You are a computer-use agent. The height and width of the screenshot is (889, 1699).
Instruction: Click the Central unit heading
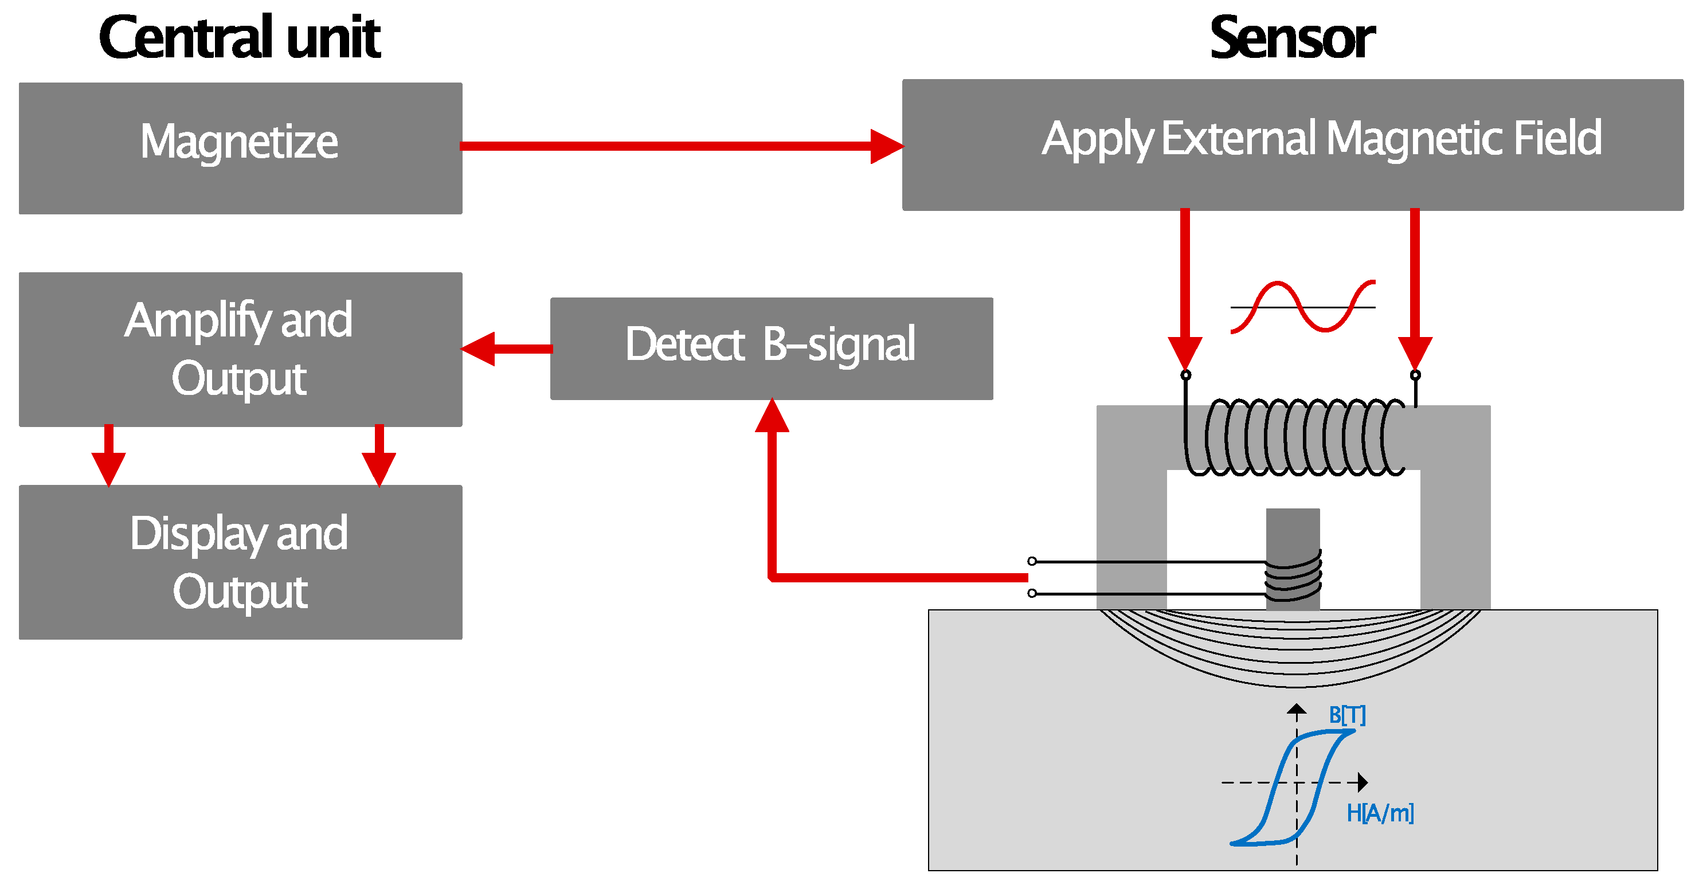(240, 38)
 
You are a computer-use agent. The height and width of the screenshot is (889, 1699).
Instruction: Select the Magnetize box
(240, 148)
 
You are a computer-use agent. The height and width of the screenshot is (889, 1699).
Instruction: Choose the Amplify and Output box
(240, 349)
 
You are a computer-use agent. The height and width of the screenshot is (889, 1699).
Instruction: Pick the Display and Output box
(240, 561)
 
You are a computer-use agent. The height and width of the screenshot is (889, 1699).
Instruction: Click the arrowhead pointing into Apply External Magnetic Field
(886, 146)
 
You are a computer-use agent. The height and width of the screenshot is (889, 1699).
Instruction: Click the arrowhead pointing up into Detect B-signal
(772, 416)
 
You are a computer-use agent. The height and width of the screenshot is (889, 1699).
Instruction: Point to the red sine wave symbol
(1302, 306)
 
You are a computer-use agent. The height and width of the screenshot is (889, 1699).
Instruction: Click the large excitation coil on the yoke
(1295, 437)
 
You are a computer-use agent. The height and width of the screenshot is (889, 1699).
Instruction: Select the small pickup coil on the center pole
(1293, 575)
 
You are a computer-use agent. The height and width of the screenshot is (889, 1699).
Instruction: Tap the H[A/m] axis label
(1380, 813)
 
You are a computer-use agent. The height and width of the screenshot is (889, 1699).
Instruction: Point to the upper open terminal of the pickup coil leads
(1032, 561)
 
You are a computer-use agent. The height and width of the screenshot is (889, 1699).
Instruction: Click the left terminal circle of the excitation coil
(1185, 375)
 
